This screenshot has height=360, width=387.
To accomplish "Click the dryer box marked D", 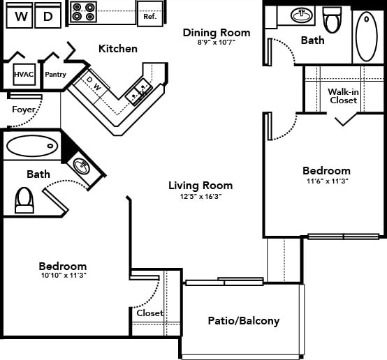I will point(48,16).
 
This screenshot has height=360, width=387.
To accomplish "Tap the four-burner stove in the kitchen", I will point(84,12).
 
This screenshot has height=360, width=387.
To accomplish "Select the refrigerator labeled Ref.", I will point(149,13).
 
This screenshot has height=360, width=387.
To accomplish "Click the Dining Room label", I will point(216,32).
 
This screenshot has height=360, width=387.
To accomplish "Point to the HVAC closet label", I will point(24,73).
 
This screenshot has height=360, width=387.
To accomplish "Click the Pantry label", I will point(55,73).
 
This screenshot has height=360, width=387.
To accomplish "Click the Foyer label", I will point(23,110).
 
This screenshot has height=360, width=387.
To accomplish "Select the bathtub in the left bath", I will point(31,147).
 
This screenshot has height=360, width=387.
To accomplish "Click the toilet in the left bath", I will point(24,200).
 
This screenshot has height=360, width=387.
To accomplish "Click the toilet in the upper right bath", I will point(332,20).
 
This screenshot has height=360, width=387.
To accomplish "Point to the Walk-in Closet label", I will point(342,96).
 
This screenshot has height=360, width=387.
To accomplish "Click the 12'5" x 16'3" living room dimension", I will point(200,197).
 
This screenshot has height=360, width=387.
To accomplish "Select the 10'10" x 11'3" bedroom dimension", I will point(62,276).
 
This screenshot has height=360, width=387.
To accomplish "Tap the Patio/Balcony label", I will point(243,321).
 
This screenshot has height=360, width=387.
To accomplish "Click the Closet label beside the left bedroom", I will point(149,313).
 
